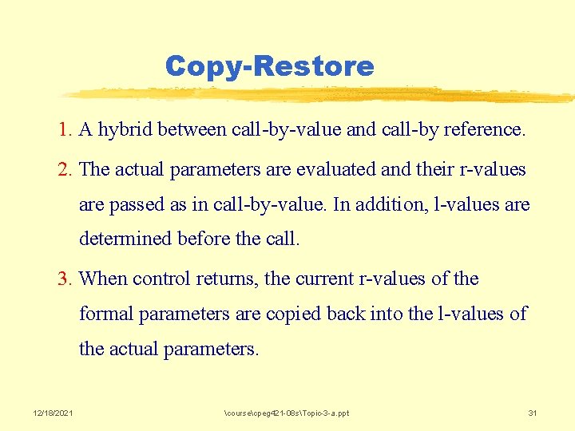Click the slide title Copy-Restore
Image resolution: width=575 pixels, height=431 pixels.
pos(269,65)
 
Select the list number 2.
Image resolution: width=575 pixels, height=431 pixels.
pos(65,169)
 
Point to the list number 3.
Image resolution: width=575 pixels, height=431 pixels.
pos(65,279)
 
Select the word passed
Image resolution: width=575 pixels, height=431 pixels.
pos(135,205)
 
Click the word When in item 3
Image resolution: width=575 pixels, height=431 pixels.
pos(104,279)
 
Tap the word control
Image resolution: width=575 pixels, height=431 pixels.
pos(161,279)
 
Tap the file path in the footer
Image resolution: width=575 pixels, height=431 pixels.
pos(287,413)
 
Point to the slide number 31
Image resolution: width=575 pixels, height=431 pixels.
pos(532,413)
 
